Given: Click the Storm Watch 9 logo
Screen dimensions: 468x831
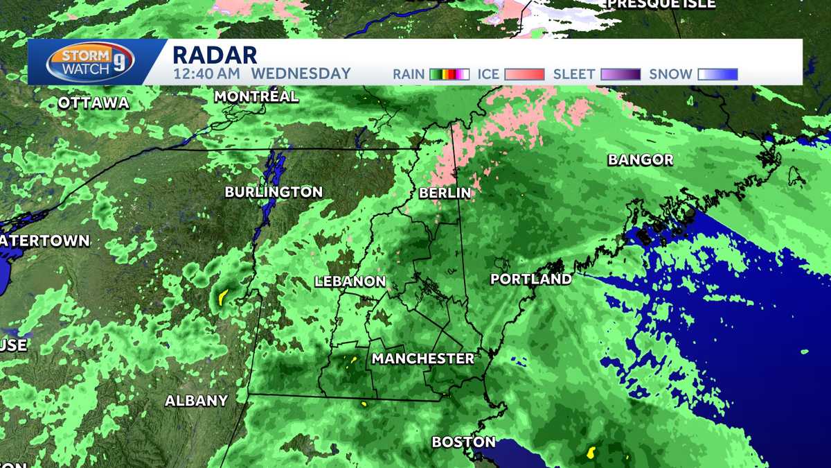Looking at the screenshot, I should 90,62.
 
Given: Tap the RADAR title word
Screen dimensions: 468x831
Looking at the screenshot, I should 215,54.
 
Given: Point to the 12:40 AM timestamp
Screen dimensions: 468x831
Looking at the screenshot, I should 206,73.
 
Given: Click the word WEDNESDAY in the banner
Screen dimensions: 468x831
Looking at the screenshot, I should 301,73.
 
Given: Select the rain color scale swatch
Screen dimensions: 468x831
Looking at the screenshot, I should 449,74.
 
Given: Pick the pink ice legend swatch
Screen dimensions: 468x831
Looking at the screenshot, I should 525,74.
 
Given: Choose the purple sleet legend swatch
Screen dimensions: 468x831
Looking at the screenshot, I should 620,74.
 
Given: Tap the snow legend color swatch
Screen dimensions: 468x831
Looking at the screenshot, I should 717,74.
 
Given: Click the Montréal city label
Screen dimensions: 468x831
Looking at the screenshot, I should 256,96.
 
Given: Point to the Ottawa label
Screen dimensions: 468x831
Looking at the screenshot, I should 93,103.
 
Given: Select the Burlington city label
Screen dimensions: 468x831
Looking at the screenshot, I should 274,192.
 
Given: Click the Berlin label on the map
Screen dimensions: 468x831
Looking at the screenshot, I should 445,193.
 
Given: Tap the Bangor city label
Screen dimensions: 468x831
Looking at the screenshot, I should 641,160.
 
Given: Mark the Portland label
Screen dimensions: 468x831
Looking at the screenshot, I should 531,279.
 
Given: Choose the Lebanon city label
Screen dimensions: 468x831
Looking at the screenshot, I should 350,281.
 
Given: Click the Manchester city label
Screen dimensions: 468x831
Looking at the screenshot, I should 423,358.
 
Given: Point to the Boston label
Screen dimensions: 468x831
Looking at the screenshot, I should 463,442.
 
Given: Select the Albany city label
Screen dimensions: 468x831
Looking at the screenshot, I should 196,401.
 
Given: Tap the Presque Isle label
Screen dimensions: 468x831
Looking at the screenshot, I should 661,4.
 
